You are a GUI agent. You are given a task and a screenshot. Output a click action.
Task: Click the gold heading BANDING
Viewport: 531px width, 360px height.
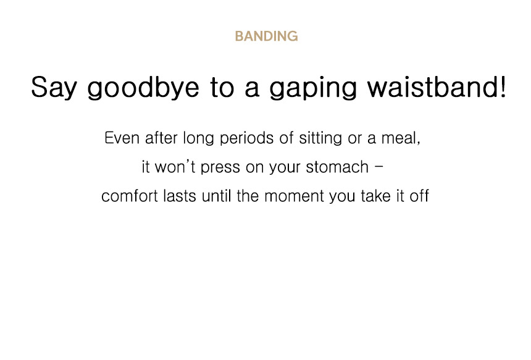[x=266, y=36]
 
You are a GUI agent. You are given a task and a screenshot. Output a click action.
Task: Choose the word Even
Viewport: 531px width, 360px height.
[x=122, y=138]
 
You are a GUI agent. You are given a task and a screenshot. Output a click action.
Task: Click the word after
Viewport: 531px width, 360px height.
[x=161, y=138]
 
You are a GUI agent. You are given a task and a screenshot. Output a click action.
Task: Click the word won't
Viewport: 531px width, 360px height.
[x=175, y=167]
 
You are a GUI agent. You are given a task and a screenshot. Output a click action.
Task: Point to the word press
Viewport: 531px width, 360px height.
[x=220, y=169]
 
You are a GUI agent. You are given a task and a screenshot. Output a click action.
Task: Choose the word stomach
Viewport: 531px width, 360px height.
[x=337, y=167]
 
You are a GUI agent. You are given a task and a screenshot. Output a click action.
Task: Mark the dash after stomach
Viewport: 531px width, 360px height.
[x=379, y=167]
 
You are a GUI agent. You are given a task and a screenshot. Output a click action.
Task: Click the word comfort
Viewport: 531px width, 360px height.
[x=130, y=196]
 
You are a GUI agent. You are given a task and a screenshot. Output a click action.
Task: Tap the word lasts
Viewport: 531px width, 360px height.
[x=180, y=196]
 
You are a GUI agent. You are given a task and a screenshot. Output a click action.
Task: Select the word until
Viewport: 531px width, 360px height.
[x=216, y=196]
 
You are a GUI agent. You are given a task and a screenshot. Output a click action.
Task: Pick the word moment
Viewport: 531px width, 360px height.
[x=294, y=196]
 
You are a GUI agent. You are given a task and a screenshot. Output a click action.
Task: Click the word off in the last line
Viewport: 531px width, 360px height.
[x=419, y=196]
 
